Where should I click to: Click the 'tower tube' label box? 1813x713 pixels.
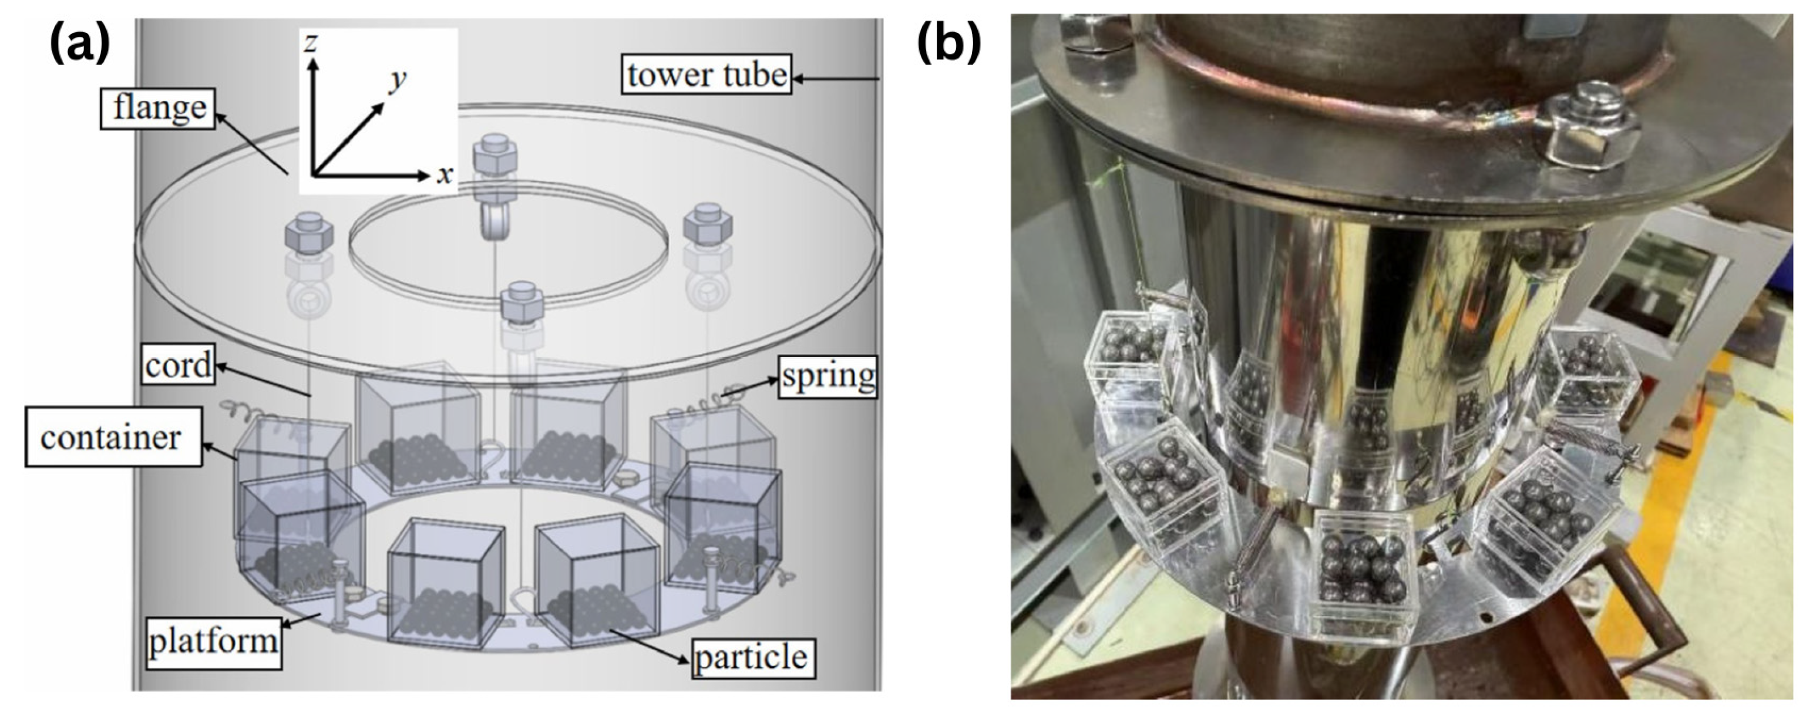[706, 75]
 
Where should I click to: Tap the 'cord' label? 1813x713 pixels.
[177, 365]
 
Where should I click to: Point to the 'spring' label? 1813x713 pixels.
[828, 376]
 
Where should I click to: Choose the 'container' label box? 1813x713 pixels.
[111, 437]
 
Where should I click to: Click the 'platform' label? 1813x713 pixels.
[212, 641]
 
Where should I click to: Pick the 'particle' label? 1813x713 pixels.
[752, 657]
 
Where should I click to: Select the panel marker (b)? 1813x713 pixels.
[948, 43]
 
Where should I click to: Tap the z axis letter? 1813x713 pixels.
[310, 43]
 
